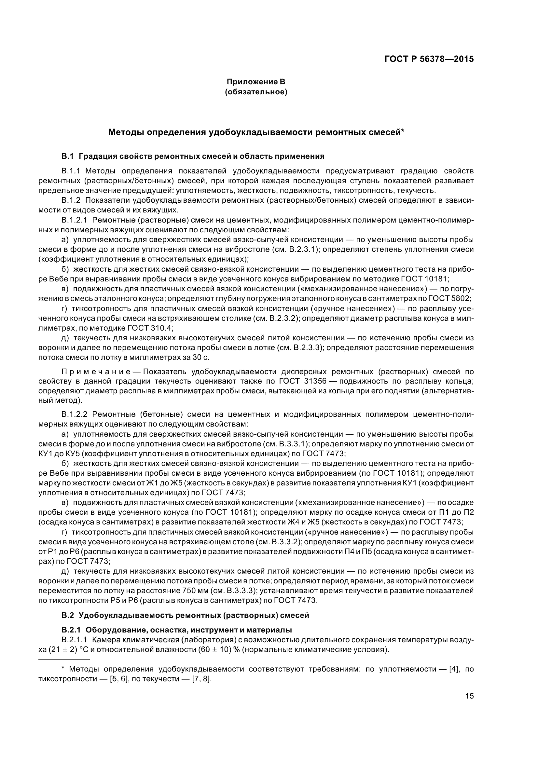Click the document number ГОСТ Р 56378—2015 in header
tap(429, 59)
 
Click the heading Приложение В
tap(255, 82)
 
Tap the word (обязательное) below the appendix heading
tap(255, 92)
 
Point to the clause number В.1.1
tap(71, 171)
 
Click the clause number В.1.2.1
tap(74, 220)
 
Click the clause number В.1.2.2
tap(74, 414)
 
